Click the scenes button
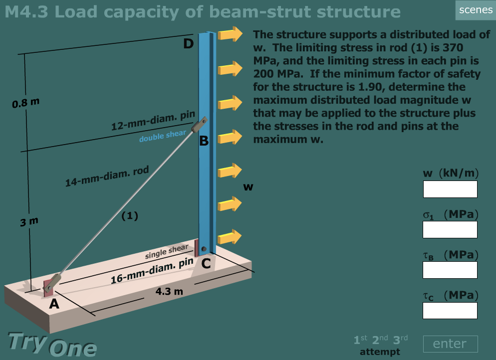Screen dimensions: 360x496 475,10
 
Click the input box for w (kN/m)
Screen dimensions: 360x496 450,189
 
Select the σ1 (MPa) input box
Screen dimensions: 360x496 450,229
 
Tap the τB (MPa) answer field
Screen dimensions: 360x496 450,270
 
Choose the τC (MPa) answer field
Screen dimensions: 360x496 450,310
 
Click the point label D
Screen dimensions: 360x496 188,44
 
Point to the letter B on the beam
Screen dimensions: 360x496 204,141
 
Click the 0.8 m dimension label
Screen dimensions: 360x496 25,104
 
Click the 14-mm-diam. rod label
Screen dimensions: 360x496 107,177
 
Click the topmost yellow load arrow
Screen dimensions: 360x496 230,34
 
